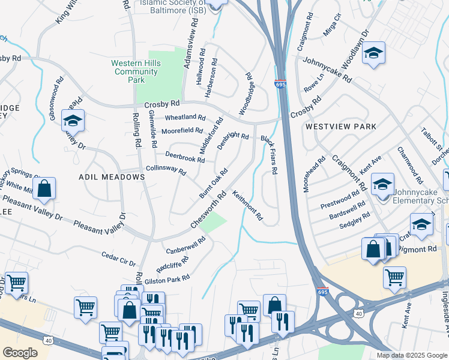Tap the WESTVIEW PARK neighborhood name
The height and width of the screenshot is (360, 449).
click(x=340, y=127)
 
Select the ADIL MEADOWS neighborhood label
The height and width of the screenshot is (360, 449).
click(x=112, y=177)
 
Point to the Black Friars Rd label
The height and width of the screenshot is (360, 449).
click(x=268, y=155)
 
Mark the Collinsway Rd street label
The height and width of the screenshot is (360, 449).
click(x=166, y=170)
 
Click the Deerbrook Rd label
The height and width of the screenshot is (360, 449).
click(x=185, y=157)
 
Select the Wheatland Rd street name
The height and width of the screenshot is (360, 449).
click(x=185, y=117)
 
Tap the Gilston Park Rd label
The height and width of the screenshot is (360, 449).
click(x=167, y=278)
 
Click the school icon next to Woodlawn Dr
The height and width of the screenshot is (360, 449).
click(x=373, y=53)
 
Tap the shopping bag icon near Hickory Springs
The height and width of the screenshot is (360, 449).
click(x=44, y=188)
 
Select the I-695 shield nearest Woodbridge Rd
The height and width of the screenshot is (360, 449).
click(x=280, y=84)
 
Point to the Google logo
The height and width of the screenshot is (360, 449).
click(x=20, y=353)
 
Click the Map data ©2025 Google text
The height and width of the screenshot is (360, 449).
click(x=411, y=355)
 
